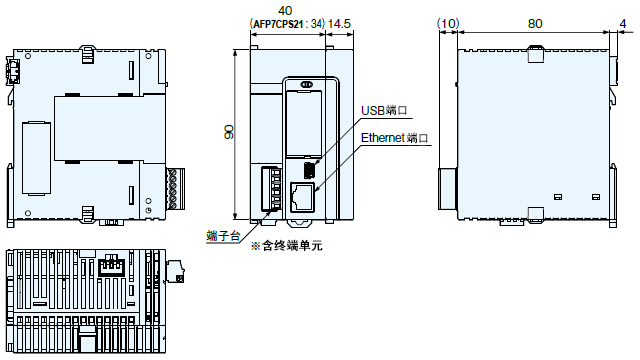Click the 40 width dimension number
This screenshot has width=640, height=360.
click(285, 10)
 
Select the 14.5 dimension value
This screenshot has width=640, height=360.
click(339, 24)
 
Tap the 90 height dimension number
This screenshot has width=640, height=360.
click(229, 132)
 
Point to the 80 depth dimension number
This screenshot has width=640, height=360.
click(535, 24)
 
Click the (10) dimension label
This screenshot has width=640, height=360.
click(448, 24)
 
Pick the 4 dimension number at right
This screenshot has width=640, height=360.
click(622, 24)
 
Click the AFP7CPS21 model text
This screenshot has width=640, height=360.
click(278, 24)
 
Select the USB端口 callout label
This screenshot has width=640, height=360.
click(384, 110)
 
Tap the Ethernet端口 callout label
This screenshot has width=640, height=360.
click(394, 138)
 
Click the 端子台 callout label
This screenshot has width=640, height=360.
click(223, 236)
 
